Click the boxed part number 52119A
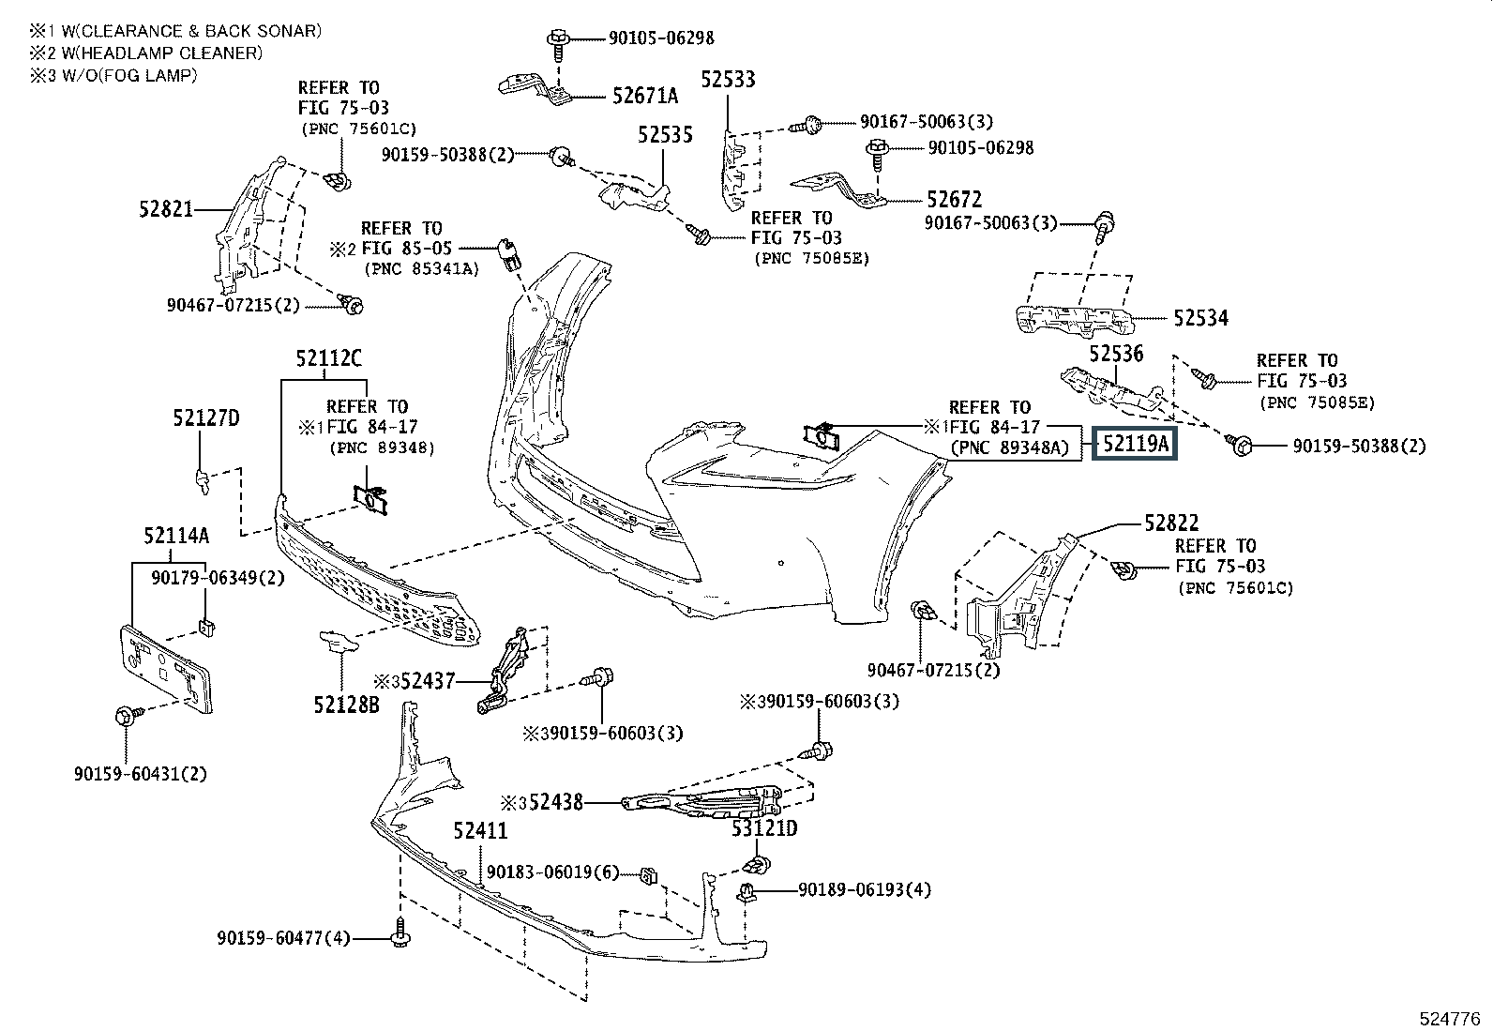click(x=1135, y=443)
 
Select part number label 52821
click(x=166, y=208)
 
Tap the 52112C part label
click(x=328, y=357)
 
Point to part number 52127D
click(x=205, y=418)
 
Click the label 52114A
click(x=175, y=536)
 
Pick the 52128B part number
click(x=346, y=703)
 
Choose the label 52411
click(x=479, y=831)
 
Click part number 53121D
click(x=764, y=828)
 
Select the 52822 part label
click(x=1170, y=523)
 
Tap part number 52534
click(x=1200, y=318)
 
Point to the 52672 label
click(x=954, y=199)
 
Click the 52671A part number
click(x=645, y=96)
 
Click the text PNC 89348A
click(x=1010, y=448)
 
